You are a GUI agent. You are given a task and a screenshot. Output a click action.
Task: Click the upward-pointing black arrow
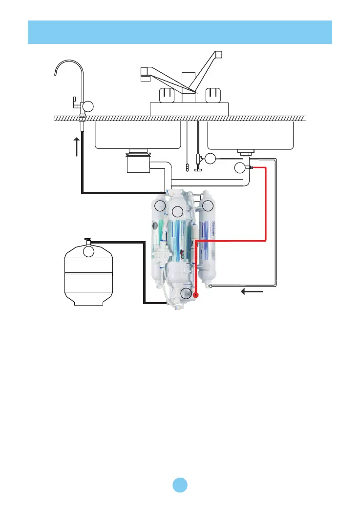click(x=77, y=146)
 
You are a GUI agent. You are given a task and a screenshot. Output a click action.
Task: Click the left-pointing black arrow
click(x=253, y=292)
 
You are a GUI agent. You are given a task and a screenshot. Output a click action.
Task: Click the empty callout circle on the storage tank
click(x=88, y=252)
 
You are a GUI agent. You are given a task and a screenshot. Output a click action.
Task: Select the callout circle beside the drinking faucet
click(x=87, y=105)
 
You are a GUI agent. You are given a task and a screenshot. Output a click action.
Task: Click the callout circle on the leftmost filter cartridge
click(x=160, y=204)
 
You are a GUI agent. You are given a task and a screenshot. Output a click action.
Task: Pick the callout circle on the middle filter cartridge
click(x=177, y=211)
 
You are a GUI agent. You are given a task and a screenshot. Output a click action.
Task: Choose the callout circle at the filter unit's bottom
click(x=186, y=293)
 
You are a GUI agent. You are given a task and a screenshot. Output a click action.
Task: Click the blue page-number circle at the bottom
click(x=180, y=484)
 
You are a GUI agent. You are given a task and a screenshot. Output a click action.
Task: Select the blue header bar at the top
click(x=180, y=32)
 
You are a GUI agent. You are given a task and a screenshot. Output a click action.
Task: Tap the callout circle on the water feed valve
click(x=210, y=158)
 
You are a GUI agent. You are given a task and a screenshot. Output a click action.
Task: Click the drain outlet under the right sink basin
click(x=244, y=153)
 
